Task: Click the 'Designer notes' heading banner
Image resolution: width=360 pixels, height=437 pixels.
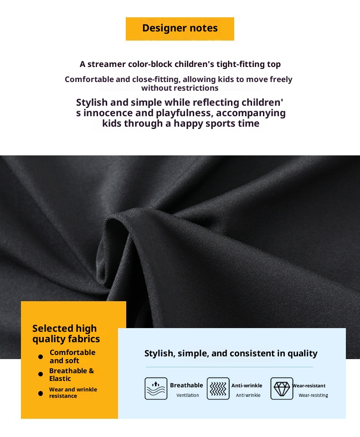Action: [x=180, y=28]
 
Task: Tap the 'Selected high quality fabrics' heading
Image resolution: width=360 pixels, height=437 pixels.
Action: [x=66, y=334]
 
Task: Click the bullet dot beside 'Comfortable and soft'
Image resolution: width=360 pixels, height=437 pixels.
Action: [x=41, y=357]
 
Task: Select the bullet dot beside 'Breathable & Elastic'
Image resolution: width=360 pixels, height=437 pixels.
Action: [x=41, y=374]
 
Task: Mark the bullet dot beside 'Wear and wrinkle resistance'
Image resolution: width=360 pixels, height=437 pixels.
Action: [x=41, y=393]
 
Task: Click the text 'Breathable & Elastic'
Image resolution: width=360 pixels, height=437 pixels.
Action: [x=71, y=375]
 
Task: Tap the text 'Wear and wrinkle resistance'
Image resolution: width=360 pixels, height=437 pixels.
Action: [x=73, y=393]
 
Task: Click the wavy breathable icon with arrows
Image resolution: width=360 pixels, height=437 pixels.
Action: [x=156, y=389]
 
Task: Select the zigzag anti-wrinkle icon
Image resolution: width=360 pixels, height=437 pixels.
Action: [x=218, y=389]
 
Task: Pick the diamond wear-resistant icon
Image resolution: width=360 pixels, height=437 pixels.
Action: [x=282, y=389]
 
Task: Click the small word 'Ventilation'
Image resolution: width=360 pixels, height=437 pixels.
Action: [x=188, y=396]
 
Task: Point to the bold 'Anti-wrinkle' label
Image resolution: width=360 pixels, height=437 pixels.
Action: [x=247, y=386]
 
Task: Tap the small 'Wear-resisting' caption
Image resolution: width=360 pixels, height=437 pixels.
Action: [x=313, y=396]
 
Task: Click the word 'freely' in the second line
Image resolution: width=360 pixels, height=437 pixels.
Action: [x=281, y=79]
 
